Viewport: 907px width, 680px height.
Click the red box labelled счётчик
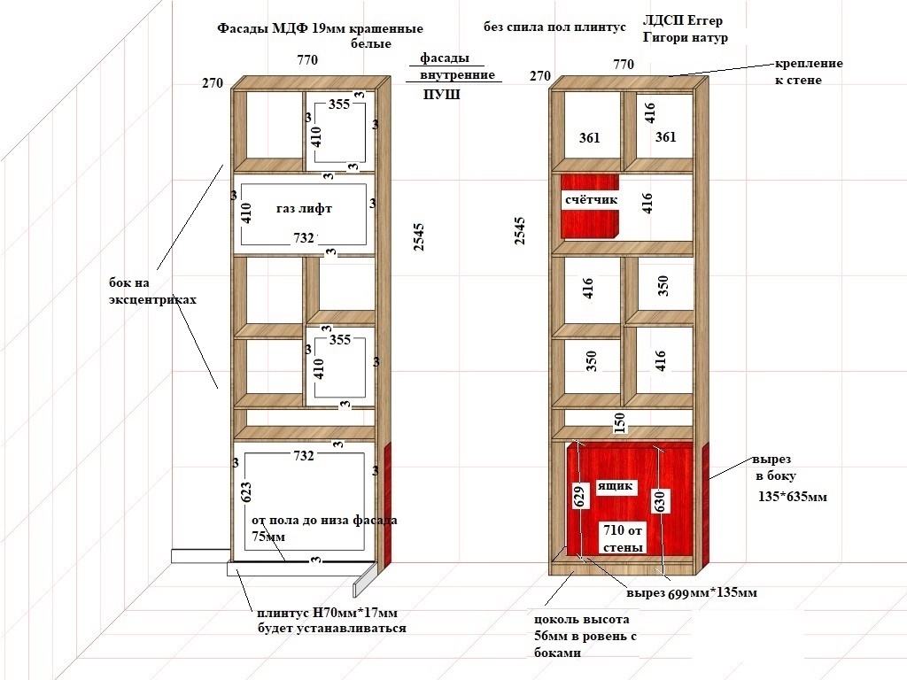(590, 205)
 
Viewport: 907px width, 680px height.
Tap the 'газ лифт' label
(305, 208)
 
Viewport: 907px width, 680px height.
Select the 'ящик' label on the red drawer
(615, 486)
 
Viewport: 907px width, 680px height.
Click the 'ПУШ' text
(441, 94)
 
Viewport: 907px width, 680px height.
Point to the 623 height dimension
(245, 492)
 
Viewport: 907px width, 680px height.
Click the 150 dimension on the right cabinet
(619, 422)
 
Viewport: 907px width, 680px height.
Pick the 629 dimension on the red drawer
(579, 496)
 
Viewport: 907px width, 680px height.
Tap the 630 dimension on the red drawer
(660, 501)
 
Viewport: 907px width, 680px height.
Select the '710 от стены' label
(623, 538)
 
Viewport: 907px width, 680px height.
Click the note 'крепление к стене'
(809, 71)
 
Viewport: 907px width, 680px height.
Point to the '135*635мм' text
(793, 497)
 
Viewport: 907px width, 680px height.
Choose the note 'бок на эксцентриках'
(152, 290)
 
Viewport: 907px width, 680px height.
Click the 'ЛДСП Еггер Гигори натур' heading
(686, 29)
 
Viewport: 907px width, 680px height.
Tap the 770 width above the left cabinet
(307, 59)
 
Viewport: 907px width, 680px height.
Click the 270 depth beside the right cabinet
(540, 76)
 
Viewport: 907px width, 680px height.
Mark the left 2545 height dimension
(419, 237)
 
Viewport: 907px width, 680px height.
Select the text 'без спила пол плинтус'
(554, 27)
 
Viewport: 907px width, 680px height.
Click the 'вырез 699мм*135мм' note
(692, 592)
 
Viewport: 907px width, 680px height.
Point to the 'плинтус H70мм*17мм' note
(328, 613)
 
